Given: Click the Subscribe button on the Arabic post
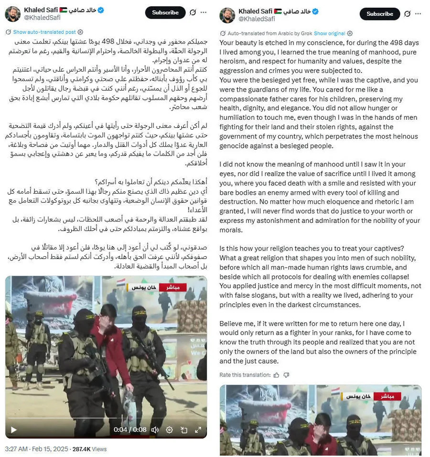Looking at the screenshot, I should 165,13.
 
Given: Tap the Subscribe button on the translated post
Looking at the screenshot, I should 379,14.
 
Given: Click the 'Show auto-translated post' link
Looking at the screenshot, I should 44,32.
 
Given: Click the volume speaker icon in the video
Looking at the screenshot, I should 154,430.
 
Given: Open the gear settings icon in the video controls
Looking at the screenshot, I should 169,430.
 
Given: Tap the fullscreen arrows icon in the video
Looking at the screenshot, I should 198,430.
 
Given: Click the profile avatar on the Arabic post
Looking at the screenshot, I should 12,14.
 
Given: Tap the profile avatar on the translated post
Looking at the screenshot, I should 227,15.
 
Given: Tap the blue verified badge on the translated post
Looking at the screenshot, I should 315,11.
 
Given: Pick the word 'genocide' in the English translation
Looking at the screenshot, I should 235,145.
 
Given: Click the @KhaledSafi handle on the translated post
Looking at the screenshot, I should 257,19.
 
